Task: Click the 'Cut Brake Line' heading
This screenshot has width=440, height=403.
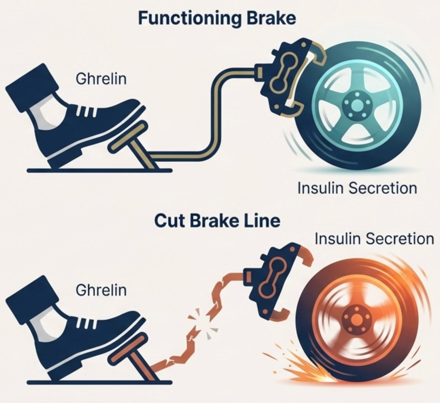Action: [217, 221]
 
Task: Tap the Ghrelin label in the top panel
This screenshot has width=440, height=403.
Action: [101, 79]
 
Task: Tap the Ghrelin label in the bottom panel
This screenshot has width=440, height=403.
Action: [101, 290]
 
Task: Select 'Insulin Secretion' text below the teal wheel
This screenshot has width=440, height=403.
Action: [357, 188]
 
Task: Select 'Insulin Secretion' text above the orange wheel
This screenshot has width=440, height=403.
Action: [374, 238]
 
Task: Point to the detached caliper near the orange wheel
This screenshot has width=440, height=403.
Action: [270, 282]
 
